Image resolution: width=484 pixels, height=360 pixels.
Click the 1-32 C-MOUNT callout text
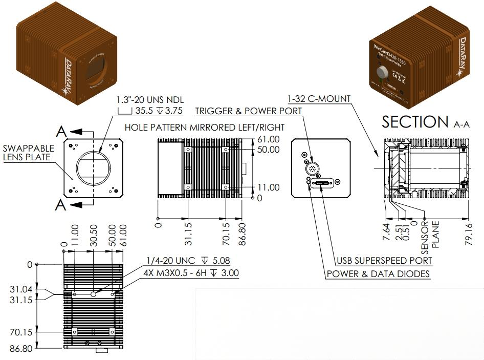click(x=319, y=98)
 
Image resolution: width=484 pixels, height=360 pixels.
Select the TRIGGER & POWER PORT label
click(x=249, y=111)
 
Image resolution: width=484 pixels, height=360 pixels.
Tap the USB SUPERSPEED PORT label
click(x=384, y=261)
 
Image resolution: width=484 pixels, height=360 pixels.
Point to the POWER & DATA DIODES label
click(x=378, y=274)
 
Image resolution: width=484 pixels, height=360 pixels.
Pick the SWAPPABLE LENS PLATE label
click(x=28, y=153)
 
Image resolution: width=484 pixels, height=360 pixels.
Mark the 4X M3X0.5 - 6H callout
click(x=192, y=273)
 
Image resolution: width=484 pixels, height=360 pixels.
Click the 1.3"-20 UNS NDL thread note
click(x=150, y=99)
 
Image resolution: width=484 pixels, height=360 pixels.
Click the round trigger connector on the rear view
click(x=313, y=167)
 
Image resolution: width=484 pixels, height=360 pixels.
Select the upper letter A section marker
click(x=61, y=132)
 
